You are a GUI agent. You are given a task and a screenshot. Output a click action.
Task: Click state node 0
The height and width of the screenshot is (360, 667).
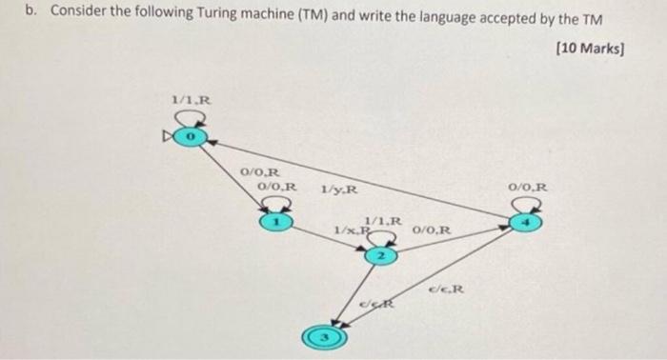tap(190, 139)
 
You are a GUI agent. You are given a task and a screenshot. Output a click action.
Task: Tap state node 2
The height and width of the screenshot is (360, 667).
tap(379, 256)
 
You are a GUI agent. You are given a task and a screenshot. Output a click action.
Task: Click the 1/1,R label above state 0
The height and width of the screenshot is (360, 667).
tap(190, 99)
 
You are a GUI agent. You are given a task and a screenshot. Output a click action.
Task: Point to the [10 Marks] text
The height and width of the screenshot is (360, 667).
tap(588, 47)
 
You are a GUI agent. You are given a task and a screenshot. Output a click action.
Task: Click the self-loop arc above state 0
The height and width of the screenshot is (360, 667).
tap(190, 117)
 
